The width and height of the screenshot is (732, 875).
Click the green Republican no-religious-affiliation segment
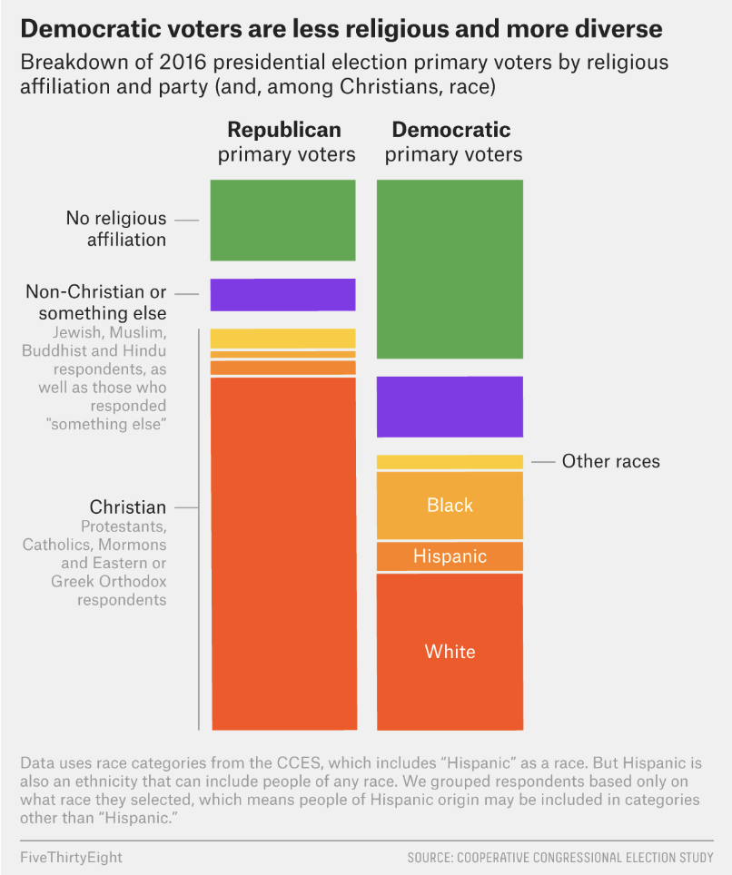282,221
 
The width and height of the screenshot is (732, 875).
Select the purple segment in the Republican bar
282,295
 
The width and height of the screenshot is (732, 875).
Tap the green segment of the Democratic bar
450,269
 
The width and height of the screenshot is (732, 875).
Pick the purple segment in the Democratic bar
450,407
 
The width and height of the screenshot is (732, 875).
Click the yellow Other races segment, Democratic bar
450,462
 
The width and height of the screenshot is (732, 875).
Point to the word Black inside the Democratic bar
450,505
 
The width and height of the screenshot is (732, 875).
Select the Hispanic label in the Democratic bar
450,556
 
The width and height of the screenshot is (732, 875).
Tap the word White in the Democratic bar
450,651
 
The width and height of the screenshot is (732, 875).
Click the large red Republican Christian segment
282,554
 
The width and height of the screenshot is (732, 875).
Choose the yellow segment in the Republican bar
282,339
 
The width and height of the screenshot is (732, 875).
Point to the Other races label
610,461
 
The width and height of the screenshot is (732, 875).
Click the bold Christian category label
128,507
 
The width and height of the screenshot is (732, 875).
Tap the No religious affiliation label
116,229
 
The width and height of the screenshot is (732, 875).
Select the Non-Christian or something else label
96,302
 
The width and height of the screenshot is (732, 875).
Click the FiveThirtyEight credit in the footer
71,857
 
